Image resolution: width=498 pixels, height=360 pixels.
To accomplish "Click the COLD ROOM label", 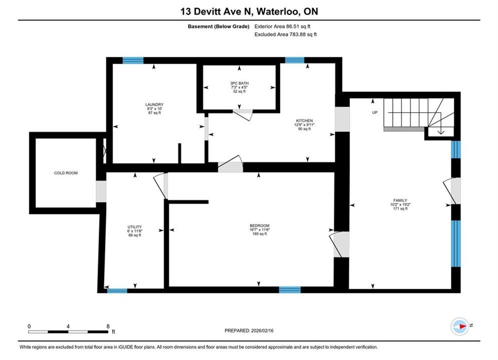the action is pyautogui.click(x=66, y=173).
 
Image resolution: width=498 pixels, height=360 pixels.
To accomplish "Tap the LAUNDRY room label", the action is pyautogui.click(x=154, y=104).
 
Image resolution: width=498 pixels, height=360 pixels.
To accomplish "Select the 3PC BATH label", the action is pyautogui.click(x=239, y=83).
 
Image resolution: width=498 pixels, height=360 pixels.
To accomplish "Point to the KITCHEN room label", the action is pyautogui.click(x=304, y=121).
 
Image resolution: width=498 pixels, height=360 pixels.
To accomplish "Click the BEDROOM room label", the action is pyautogui.click(x=259, y=226).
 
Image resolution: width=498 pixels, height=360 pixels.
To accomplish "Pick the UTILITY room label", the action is pyautogui.click(x=135, y=227).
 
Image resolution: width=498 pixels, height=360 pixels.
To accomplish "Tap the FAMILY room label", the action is pyautogui.click(x=400, y=200).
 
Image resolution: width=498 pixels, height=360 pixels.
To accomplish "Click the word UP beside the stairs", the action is pyautogui.click(x=375, y=112).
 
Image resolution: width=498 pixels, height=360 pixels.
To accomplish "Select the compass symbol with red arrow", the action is pyautogui.click(x=460, y=326).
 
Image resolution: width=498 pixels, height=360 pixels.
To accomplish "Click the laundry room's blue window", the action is pyautogui.click(x=133, y=60).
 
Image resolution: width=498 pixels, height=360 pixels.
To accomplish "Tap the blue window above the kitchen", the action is pyautogui.click(x=295, y=60).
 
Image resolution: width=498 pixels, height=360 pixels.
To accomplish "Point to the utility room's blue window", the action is pyautogui.click(x=117, y=290).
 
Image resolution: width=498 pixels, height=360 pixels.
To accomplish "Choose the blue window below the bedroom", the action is pyautogui.click(x=290, y=289).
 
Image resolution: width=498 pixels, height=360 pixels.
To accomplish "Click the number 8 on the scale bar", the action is pyautogui.click(x=108, y=326).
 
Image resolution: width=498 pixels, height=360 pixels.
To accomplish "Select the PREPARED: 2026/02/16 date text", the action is pyautogui.click(x=249, y=330).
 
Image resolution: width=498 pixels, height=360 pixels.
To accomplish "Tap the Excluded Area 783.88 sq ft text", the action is pyautogui.click(x=285, y=34).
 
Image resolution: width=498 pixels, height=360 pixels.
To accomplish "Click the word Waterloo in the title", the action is pyautogui.click(x=278, y=11).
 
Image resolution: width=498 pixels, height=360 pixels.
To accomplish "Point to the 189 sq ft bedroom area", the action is pyautogui.click(x=259, y=234).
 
